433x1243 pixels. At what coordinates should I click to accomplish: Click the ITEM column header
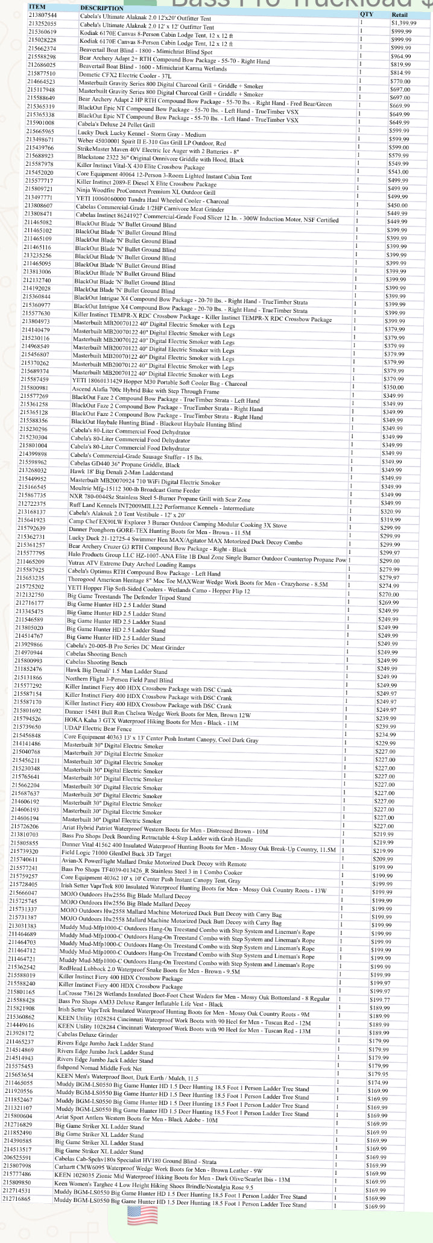[x=37, y=6]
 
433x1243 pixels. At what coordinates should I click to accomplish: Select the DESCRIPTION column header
[x=102, y=8]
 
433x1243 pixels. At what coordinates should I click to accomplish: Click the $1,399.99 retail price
[x=403, y=22]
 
